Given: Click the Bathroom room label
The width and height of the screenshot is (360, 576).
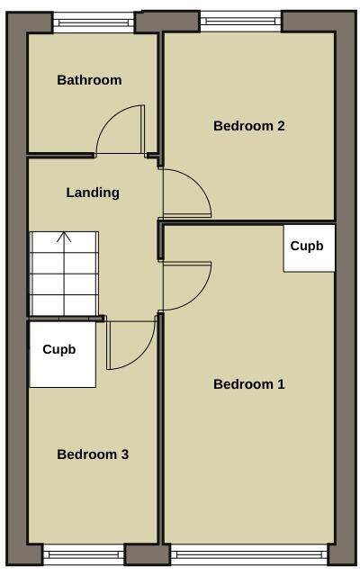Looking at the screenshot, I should click(x=89, y=80).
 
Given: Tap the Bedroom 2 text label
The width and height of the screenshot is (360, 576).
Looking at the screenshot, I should click(x=248, y=126).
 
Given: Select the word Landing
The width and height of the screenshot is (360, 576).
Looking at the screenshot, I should click(x=93, y=193).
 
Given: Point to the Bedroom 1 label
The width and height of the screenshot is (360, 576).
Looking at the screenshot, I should click(x=248, y=384).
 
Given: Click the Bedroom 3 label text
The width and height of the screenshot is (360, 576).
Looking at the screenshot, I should click(x=93, y=454).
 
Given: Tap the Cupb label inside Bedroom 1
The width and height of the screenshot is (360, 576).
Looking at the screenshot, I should click(x=306, y=245).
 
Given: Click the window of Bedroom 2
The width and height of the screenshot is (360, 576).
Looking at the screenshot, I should click(x=240, y=21).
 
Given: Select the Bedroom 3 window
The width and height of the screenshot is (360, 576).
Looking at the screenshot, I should click(x=83, y=554).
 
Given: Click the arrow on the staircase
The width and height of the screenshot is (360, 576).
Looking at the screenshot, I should click(x=64, y=239).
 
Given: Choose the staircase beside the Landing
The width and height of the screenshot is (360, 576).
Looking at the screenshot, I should click(x=64, y=274).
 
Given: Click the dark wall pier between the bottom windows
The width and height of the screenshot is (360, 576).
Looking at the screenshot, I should click(x=145, y=554).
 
